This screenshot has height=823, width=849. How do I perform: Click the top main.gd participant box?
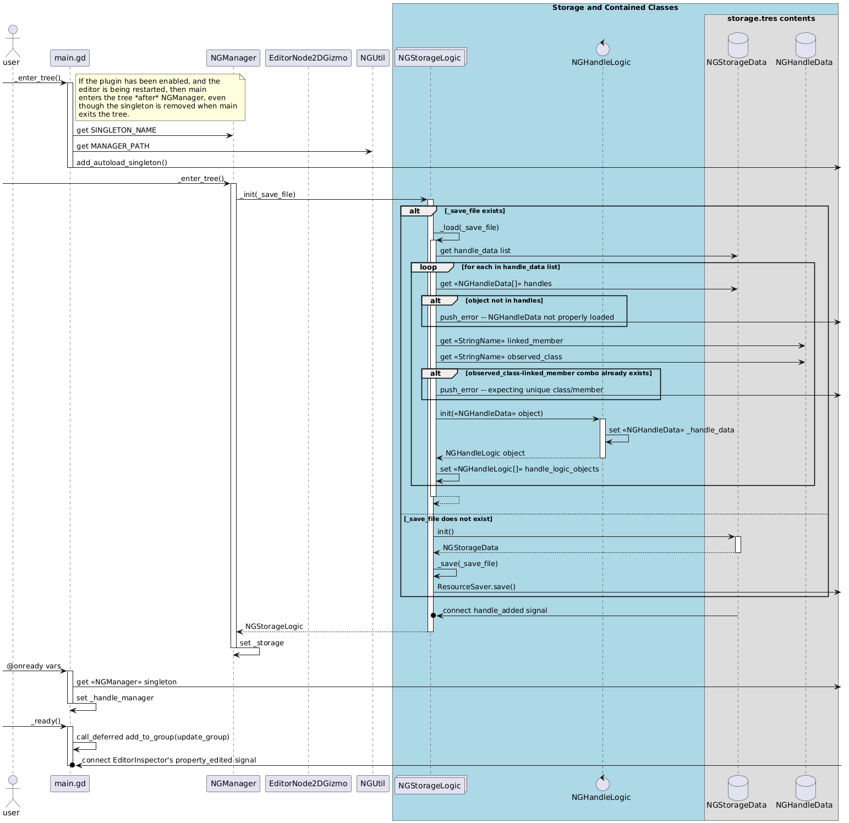(x=70, y=58)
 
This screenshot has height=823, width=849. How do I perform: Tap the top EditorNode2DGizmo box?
(x=308, y=58)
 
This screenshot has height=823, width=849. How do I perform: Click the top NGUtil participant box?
(x=373, y=58)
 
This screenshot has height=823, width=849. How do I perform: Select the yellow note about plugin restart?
(x=160, y=97)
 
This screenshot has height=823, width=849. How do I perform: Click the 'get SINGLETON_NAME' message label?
(x=116, y=130)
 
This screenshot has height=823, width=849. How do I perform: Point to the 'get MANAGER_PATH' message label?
(x=113, y=146)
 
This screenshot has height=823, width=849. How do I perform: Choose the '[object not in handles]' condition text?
(x=504, y=300)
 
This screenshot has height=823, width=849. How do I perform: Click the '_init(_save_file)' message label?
(x=267, y=194)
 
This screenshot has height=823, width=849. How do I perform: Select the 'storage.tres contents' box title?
(x=771, y=19)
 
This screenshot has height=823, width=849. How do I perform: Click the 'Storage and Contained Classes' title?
(x=615, y=8)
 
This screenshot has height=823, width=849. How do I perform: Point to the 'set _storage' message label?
(x=262, y=643)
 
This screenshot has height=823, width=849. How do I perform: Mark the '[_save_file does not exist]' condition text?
(x=448, y=519)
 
